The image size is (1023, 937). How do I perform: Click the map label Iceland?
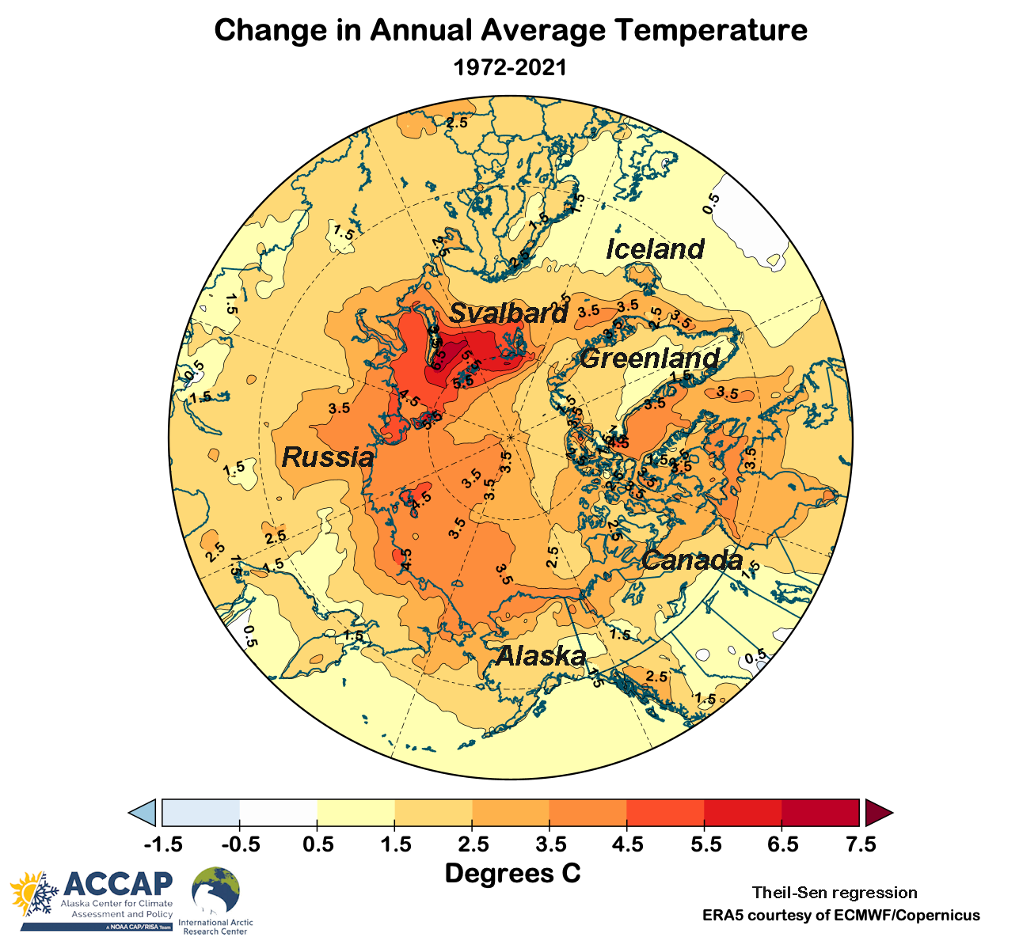coord(655,249)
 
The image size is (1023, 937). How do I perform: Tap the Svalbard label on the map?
coord(508,313)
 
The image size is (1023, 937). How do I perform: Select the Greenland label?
coord(649,358)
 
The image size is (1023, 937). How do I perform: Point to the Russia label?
coord(328,457)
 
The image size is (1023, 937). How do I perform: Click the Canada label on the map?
coord(692,561)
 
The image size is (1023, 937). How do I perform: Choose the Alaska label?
coord(541,656)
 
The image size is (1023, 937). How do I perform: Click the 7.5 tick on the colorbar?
coord(861,844)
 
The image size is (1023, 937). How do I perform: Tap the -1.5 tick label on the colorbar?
coord(163,844)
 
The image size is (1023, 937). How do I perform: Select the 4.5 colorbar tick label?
coord(627,844)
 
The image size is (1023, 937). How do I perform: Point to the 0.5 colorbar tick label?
coord(318,844)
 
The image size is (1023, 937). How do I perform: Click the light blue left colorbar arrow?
coord(143,813)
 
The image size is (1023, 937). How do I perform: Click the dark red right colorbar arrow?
coord(877,813)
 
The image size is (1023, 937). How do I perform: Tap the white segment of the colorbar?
coord(278,813)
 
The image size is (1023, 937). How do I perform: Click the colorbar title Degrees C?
coord(512,874)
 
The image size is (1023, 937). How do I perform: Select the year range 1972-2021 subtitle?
coord(511,67)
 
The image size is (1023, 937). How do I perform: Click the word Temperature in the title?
coord(712,30)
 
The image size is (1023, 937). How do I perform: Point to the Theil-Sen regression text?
coord(835,893)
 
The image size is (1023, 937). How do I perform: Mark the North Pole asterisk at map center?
coord(511,437)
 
